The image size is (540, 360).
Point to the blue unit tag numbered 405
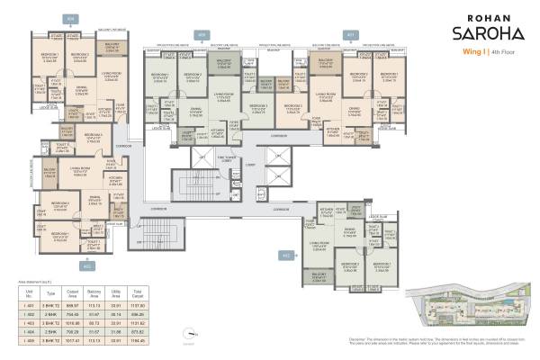(202, 35)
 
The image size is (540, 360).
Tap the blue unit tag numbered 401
(350, 35)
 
